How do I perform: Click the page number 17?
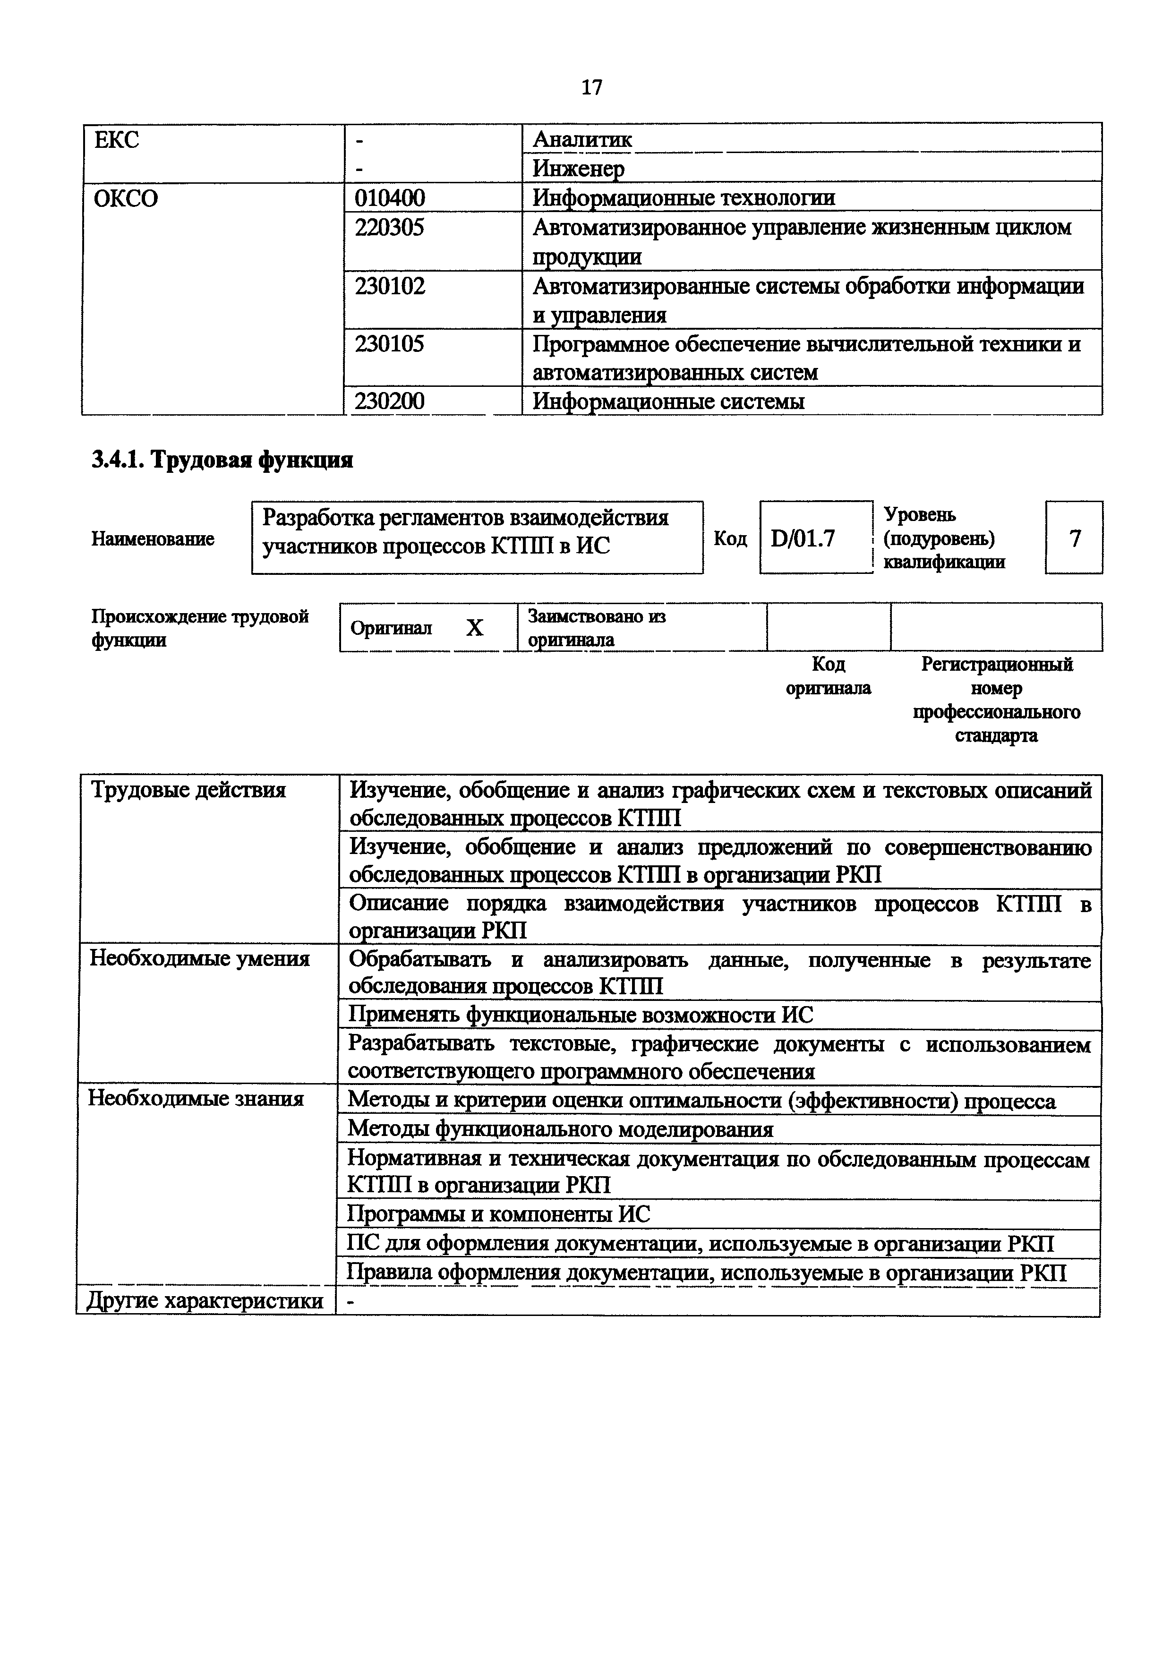point(591,87)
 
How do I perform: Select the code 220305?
point(390,227)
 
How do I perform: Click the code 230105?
point(390,343)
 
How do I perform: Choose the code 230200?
point(390,401)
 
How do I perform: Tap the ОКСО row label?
point(126,198)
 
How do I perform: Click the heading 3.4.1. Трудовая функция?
point(222,460)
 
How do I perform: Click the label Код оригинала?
point(828,676)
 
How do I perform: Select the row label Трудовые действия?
point(188,790)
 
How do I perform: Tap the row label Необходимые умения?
point(199,958)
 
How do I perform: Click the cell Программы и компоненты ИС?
point(498,1214)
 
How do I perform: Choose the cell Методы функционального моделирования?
point(560,1129)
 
